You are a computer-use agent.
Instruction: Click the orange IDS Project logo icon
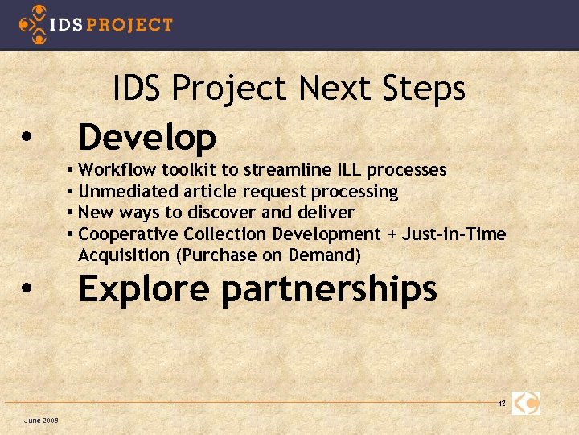[x=33, y=23]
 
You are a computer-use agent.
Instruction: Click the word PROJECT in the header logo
[x=129, y=24]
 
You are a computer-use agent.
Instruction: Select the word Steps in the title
[x=425, y=89]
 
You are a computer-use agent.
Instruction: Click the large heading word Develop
[x=147, y=137]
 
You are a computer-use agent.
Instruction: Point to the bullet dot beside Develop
[x=27, y=137]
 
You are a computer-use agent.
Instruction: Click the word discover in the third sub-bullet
[x=224, y=213]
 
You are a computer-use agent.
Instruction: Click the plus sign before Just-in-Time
[x=392, y=234]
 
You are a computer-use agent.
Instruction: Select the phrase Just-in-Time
[x=454, y=234]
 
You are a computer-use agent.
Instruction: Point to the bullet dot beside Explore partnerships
[x=27, y=288]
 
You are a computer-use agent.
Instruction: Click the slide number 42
[x=501, y=403]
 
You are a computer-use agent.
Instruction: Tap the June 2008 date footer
[x=40, y=420]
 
